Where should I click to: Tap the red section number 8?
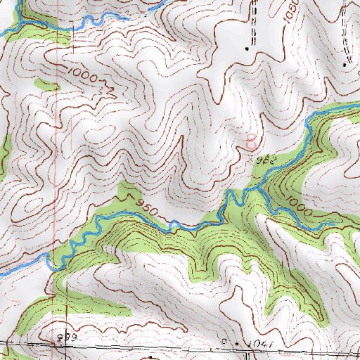pyautogui.click(x=251, y=142)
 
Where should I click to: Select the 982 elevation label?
pyautogui.click(x=264, y=161)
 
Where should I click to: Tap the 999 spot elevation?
pyautogui.click(x=65, y=339)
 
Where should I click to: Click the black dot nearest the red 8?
pyautogui.click(x=247, y=49)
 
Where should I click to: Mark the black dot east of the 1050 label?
pyautogui.click(x=345, y=64)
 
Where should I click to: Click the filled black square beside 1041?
pyautogui.click(x=237, y=343)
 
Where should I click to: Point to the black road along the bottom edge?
pyautogui.click(x=176, y=349)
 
